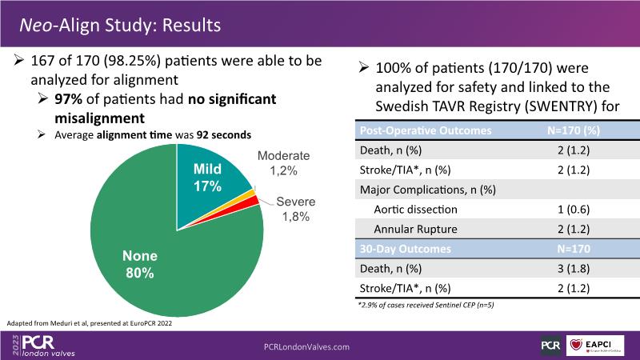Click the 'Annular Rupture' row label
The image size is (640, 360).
point(414,229)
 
